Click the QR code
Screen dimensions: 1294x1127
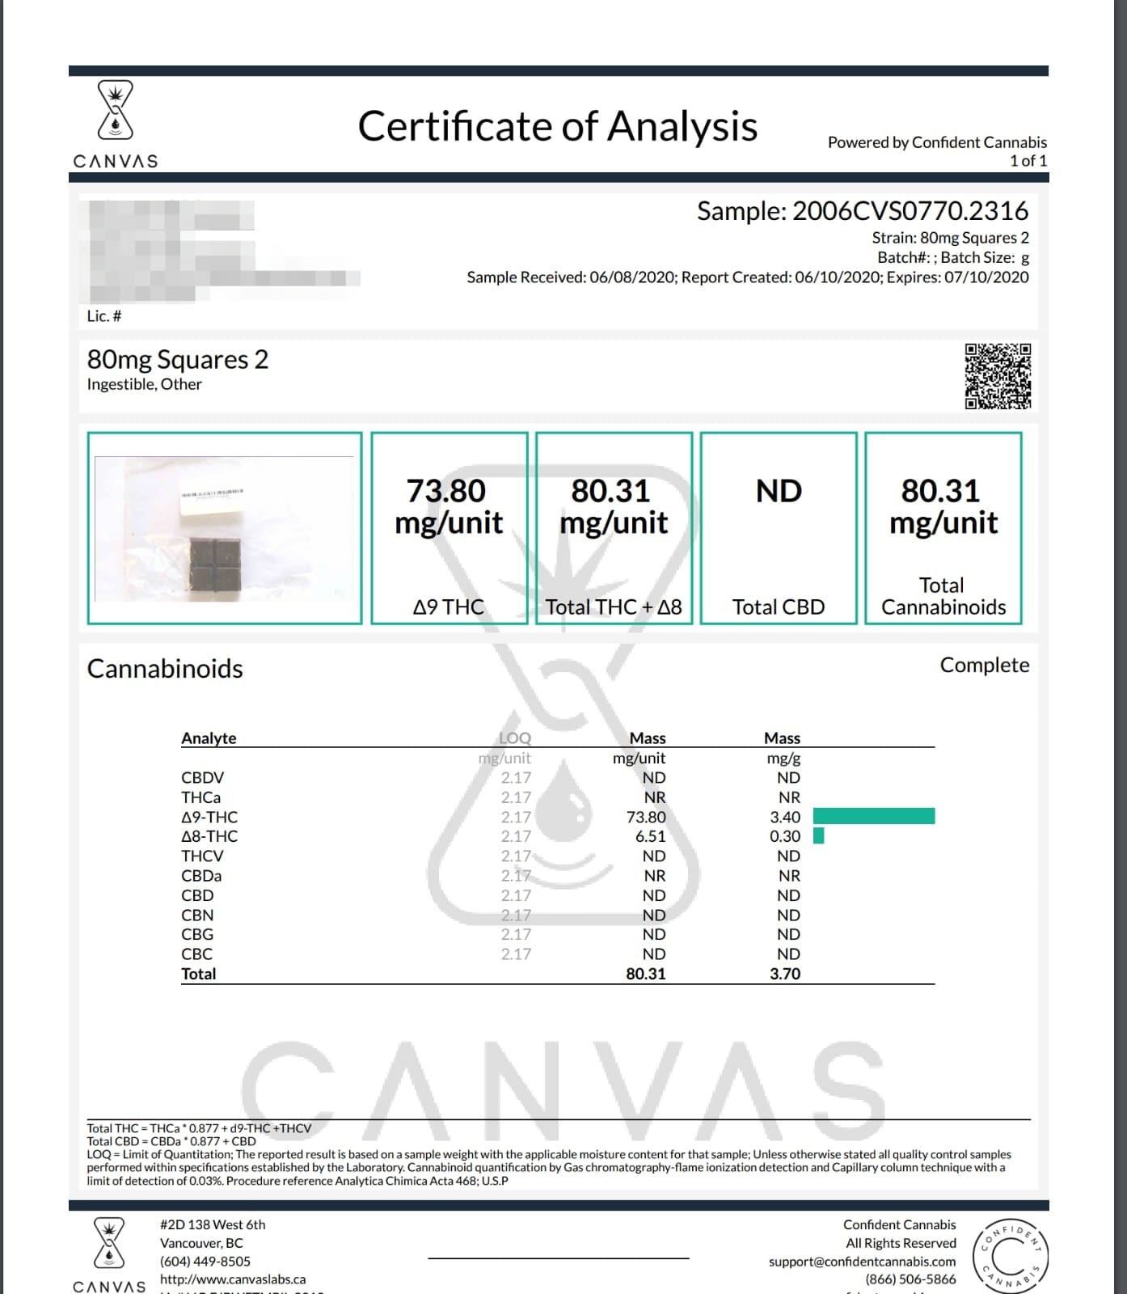coord(998,376)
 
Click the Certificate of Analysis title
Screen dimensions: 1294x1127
coord(557,126)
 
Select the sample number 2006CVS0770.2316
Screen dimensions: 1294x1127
coord(910,211)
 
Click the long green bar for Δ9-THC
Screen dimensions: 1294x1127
coord(873,816)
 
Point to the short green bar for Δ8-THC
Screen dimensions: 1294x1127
coord(818,835)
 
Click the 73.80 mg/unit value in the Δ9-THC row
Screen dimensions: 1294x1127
coord(646,817)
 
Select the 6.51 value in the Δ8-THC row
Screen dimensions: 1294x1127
coord(650,836)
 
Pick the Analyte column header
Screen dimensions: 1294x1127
coord(209,738)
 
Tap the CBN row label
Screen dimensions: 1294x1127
coord(197,915)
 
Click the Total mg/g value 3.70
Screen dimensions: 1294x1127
coord(784,974)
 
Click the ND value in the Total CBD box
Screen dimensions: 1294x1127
coord(779,491)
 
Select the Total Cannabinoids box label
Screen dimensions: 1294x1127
coord(943,596)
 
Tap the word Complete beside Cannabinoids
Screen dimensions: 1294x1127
coord(984,665)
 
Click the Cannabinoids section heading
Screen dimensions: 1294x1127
coord(165,669)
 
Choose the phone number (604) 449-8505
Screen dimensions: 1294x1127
coord(205,1261)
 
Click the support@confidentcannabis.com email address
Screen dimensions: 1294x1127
coord(862,1261)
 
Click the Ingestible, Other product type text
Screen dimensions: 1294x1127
coord(144,384)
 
